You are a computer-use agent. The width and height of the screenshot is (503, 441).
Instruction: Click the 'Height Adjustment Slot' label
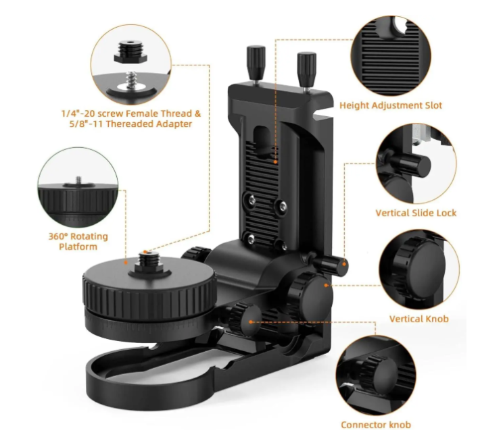(x=391, y=105)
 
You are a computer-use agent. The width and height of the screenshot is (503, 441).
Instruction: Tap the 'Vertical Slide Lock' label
(x=416, y=213)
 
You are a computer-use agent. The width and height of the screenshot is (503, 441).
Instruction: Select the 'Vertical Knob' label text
(x=419, y=319)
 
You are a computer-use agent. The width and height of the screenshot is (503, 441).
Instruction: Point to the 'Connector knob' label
(x=376, y=425)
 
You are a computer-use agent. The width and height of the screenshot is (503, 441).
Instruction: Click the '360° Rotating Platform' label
(x=78, y=241)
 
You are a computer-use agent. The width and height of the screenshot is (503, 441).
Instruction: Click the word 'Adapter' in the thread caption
(x=173, y=124)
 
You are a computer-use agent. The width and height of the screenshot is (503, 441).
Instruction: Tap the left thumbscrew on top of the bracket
(x=256, y=63)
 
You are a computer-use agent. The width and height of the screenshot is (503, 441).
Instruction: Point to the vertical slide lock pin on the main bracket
(x=330, y=265)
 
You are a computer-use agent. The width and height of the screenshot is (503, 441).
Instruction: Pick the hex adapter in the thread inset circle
(x=130, y=52)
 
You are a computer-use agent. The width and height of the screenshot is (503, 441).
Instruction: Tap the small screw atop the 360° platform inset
(x=79, y=181)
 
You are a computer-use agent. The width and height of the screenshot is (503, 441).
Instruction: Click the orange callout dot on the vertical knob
(x=326, y=285)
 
